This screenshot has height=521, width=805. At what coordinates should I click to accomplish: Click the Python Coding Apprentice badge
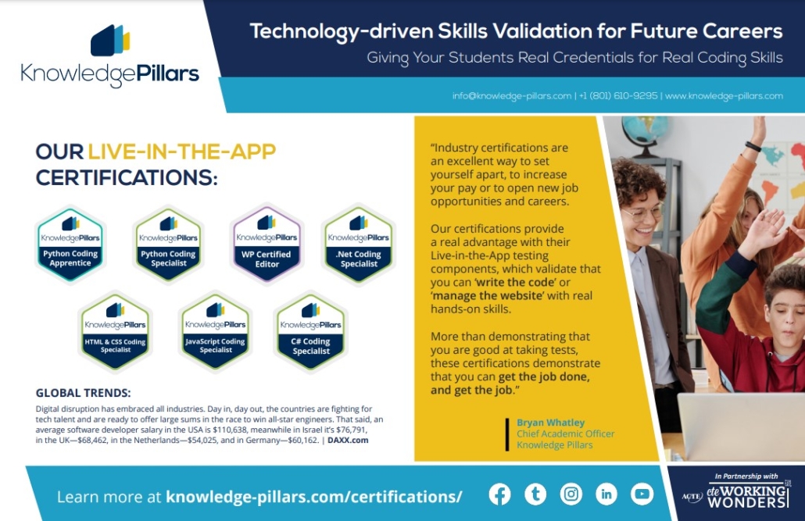(70, 243)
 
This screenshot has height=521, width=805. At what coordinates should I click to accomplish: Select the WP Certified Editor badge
(267, 243)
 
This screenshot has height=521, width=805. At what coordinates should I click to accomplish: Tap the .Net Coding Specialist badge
(358, 244)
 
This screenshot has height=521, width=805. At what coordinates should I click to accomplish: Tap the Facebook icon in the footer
(499, 494)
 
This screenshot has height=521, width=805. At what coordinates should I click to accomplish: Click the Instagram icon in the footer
(571, 494)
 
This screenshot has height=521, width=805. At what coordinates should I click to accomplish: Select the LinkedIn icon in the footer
(606, 494)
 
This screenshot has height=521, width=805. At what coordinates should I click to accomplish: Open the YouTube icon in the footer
(642, 494)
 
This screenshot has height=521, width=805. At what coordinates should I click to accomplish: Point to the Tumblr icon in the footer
(535, 494)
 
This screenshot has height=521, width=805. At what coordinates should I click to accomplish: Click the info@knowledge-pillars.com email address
(512, 96)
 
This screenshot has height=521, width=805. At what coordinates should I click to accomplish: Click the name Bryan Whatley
(550, 423)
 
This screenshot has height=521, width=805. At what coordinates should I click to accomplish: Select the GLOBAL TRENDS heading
(84, 393)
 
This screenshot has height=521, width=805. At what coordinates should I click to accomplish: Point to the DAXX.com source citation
(348, 440)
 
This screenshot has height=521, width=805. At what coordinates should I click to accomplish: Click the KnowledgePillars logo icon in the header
(110, 41)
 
